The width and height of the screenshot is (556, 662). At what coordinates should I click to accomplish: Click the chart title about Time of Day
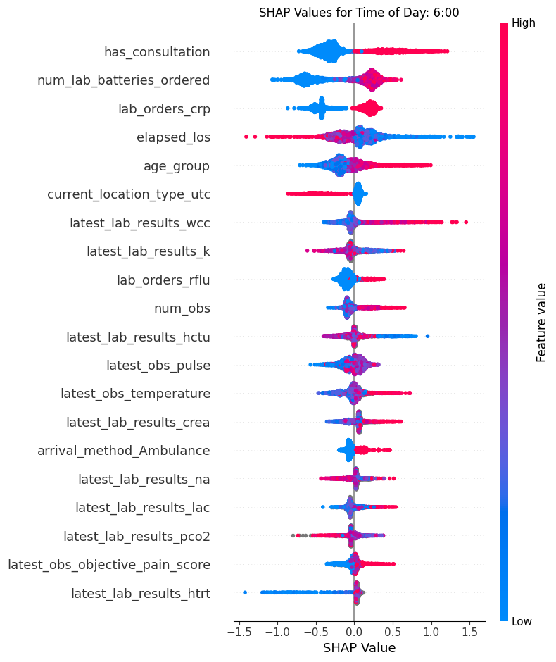pos(359,13)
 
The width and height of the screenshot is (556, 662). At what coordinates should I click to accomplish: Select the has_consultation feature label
pos(156,51)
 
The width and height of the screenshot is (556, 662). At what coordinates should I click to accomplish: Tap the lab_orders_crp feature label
pos(163,108)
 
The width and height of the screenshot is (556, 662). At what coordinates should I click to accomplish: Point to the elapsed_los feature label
pos(173,137)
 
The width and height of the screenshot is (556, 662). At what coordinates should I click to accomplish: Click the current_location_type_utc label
pos(128,194)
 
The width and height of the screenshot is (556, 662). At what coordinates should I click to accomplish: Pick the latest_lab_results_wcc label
pos(139,223)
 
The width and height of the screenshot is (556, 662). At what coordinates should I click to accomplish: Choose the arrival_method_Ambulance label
pos(123,450)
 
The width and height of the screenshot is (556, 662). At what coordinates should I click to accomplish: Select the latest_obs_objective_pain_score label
pos(108,564)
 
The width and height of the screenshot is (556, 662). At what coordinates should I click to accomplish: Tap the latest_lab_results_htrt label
pos(140,593)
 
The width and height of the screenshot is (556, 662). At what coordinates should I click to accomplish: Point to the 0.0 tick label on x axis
pos(354,632)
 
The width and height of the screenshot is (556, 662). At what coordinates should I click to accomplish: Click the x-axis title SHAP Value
pos(359,648)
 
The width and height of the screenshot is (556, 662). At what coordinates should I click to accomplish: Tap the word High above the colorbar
pos(524,23)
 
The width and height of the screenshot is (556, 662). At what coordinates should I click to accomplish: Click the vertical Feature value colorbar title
pos(541,322)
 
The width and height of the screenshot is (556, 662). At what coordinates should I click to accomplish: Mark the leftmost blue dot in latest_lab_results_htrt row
pos(244,592)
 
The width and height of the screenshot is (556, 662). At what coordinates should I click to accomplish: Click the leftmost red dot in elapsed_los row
pos(246,137)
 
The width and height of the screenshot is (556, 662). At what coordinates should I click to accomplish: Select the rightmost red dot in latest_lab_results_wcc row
pos(466,223)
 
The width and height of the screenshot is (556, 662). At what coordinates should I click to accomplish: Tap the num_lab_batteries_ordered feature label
pos(123,80)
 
